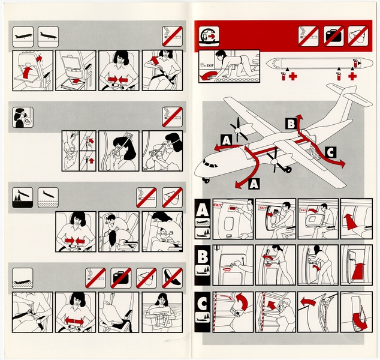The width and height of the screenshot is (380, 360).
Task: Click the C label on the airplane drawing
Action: (x=331, y=152)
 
